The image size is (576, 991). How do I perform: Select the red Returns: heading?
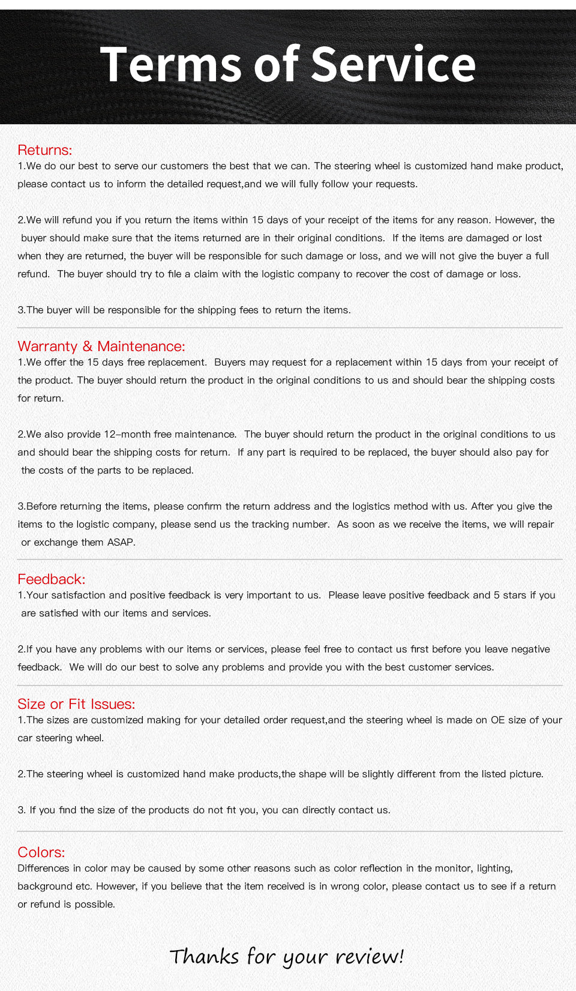tap(44, 150)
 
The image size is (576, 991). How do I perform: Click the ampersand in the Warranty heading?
tap(88, 346)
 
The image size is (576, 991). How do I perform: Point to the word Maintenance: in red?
tap(141, 346)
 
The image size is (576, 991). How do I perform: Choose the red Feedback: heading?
tap(51, 579)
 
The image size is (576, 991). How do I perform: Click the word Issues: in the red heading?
tap(113, 704)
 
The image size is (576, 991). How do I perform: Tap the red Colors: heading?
tap(41, 852)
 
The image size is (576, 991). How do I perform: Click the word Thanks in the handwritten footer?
tap(204, 956)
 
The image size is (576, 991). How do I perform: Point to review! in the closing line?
tap(370, 956)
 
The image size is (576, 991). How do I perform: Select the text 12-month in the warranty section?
tap(127, 434)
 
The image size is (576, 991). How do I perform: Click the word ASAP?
tap(121, 542)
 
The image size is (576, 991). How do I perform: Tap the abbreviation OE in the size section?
tap(497, 720)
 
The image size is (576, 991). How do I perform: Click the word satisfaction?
tap(78, 595)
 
